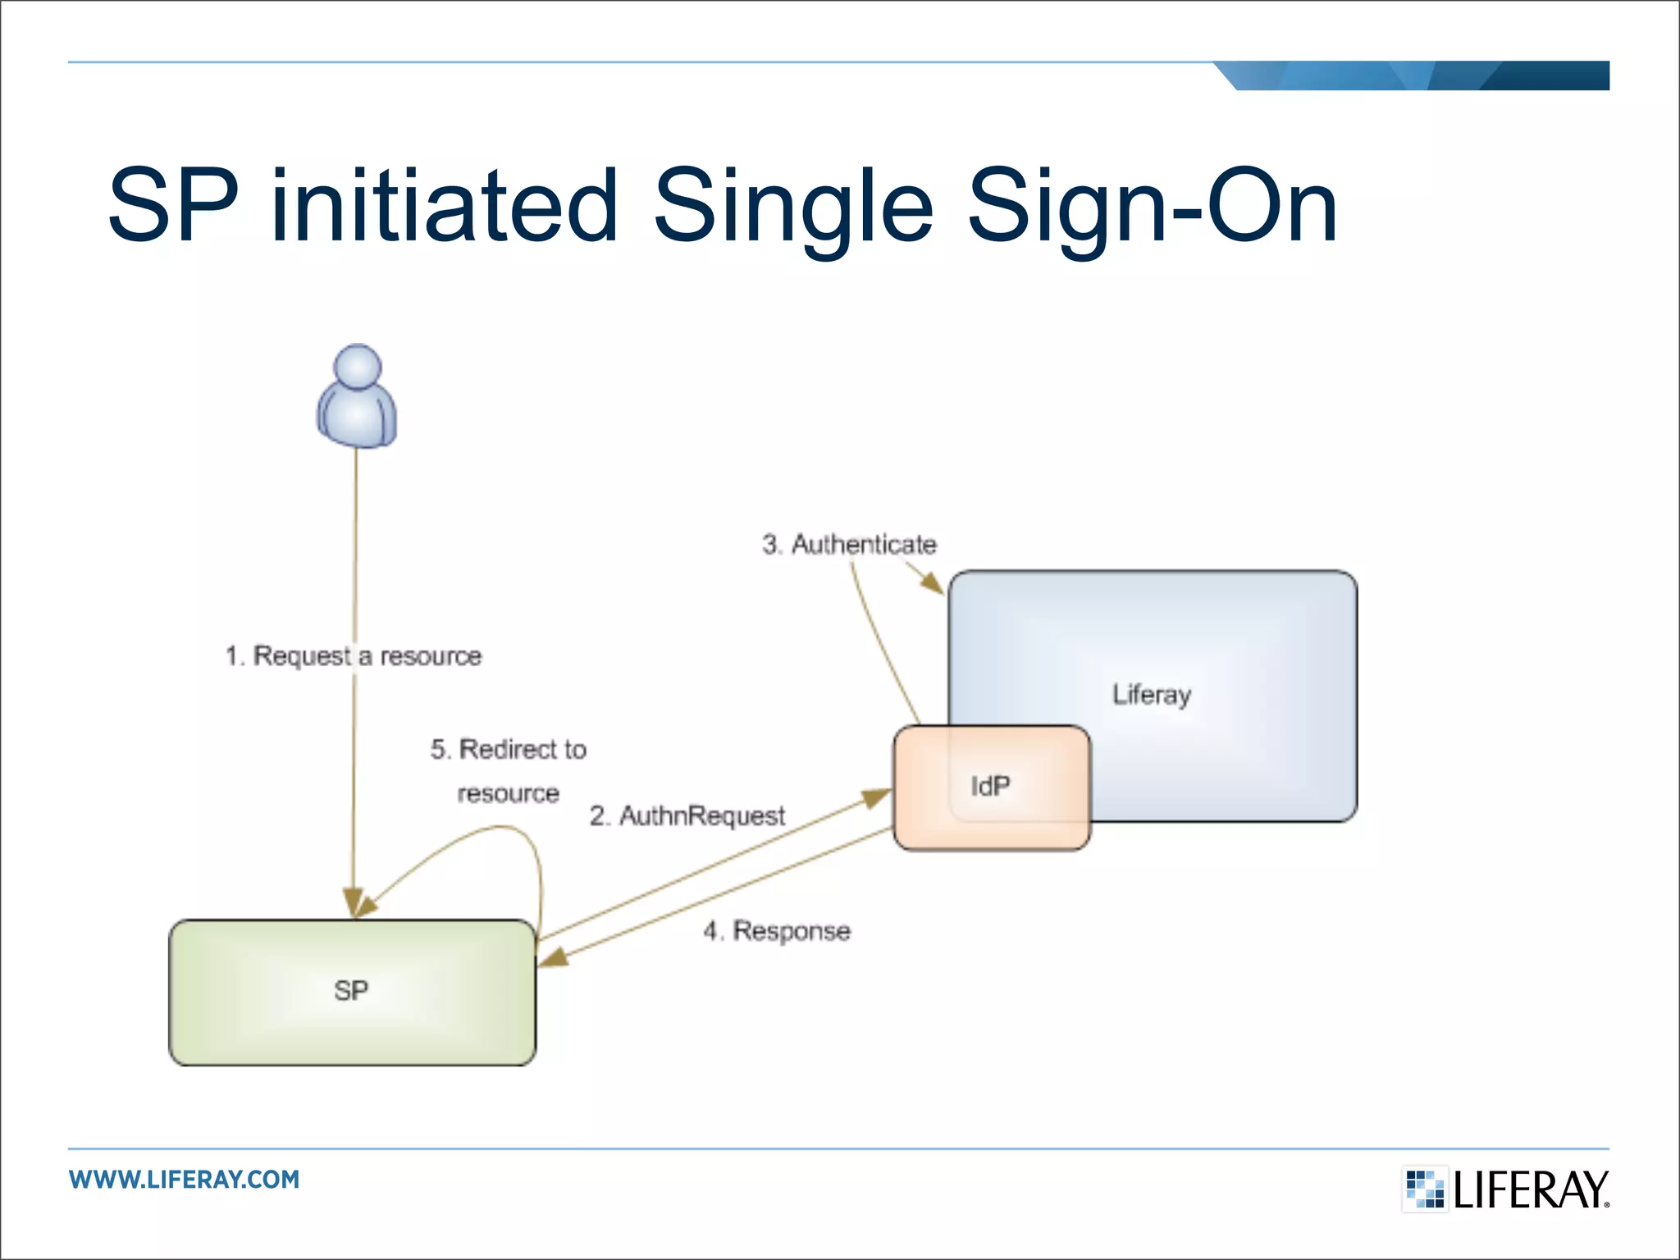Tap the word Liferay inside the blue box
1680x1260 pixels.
tap(1151, 695)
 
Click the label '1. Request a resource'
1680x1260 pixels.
tap(354, 656)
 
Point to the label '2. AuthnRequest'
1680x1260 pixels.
tap(687, 816)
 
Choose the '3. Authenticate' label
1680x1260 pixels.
tap(849, 545)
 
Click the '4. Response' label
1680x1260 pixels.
tap(777, 931)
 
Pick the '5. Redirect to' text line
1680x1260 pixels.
tap(509, 749)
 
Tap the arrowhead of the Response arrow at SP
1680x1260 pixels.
tap(553, 957)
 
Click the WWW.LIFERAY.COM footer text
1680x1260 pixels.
tap(185, 1180)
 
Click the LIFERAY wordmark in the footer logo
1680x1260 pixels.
tap(1531, 1190)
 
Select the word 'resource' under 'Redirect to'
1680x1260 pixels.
tap(509, 794)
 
